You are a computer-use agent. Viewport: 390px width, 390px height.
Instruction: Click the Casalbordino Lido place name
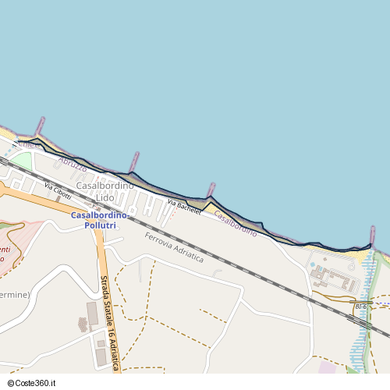pyautogui.click(x=105, y=191)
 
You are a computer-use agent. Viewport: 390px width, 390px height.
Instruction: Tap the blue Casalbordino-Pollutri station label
pyautogui.click(x=105, y=219)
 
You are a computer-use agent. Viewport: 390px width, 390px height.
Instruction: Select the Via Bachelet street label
pyautogui.click(x=184, y=207)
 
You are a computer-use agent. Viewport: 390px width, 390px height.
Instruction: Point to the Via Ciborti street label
pyautogui.click(x=58, y=191)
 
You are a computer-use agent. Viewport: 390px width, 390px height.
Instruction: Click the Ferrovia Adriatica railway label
pyautogui.click(x=173, y=246)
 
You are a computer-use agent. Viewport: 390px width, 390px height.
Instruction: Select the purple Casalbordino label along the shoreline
pyautogui.click(x=235, y=224)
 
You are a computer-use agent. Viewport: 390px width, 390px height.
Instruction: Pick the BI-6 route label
pyautogui.click(x=360, y=307)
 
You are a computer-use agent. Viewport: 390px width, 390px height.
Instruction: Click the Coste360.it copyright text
pyautogui.click(x=32, y=384)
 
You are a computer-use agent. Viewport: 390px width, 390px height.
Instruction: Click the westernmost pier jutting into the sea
pyautogui.click(x=40, y=126)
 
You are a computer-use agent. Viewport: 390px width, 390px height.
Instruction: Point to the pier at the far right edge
pyautogui.click(x=372, y=236)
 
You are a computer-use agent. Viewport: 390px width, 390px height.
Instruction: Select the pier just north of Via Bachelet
pyautogui.click(x=210, y=190)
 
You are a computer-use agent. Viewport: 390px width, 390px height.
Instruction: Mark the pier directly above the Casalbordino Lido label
pyautogui.click(x=134, y=161)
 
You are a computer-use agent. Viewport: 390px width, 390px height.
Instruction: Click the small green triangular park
pyautogui.click(x=21, y=162)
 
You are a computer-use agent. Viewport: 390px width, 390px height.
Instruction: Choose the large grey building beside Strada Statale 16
pyautogui.click(x=93, y=314)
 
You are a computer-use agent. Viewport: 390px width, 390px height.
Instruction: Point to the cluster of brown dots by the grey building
pyautogui.click(x=82, y=323)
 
